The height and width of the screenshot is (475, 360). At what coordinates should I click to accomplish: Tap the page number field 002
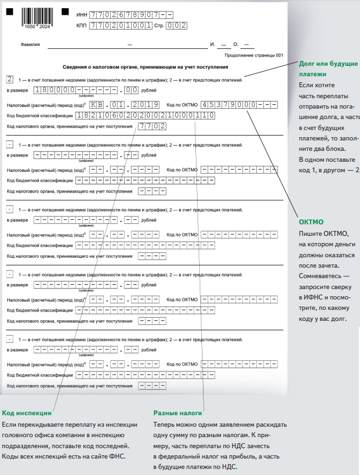[177, 25]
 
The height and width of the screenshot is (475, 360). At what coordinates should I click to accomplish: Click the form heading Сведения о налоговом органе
[145, 67]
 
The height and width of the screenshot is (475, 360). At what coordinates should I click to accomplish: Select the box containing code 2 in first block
[10, 79]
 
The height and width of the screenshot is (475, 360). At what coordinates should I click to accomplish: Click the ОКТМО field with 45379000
[239, 104]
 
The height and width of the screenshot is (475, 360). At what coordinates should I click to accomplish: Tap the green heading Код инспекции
[27, 413]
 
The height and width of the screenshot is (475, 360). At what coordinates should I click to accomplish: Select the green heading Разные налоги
[178, 413]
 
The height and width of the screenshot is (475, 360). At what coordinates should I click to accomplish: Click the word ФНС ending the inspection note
[119, 456]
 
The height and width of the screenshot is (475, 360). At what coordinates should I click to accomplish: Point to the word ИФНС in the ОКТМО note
[309, 297]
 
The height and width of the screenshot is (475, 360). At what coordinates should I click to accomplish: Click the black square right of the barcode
[65, 11]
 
